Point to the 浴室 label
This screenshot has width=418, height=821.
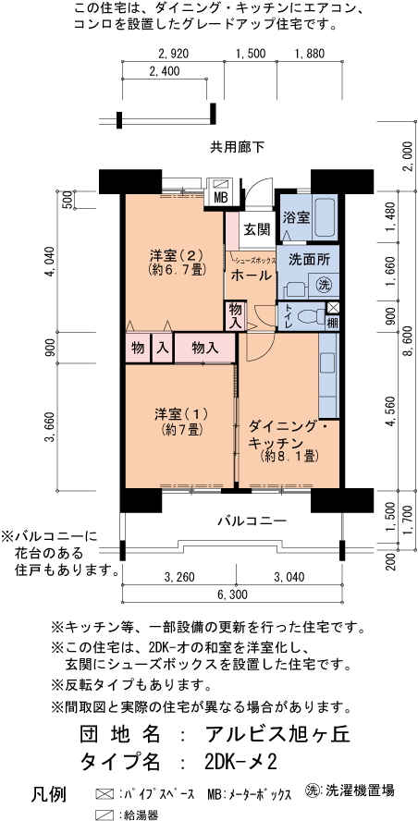pyautogui.click(x=296, y=217)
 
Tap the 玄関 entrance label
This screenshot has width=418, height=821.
pyautogui.click(x=256, y=229)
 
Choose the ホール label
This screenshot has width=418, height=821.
pyautogui.click(x=250, y=276)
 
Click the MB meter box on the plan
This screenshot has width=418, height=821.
pyautogui.click(x=221, y=197)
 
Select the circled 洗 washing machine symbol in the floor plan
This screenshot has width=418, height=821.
pyautogui.click(x=324, y=284)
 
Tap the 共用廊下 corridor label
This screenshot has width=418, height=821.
pyautogui.click(x=237, y=146)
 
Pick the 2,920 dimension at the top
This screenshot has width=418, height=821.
pyautogui.click(x=173, y=54)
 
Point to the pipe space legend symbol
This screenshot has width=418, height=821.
pyautogui.click(x=104, y=793)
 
